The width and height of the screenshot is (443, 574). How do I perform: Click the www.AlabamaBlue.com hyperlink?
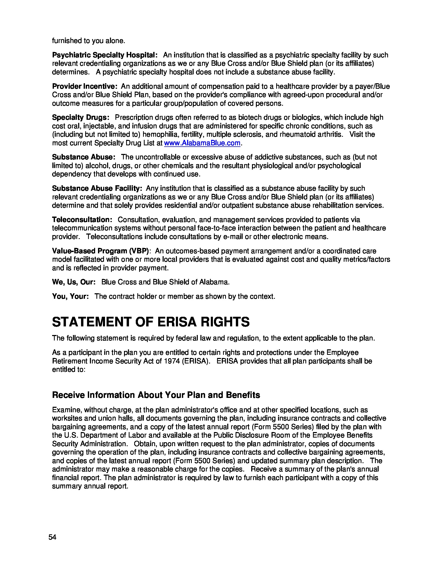pos(202,143)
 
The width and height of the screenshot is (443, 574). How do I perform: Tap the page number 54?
pos(52,537)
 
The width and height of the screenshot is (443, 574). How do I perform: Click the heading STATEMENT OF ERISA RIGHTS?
pos(151,322)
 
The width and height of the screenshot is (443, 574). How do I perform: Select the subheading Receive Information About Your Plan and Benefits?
pos(156,395)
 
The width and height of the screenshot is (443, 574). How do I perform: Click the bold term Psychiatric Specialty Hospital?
pos(104,55)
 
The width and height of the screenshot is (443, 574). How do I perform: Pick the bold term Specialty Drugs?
pos(80,117)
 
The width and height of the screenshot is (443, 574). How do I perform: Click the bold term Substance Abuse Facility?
pos(97,188)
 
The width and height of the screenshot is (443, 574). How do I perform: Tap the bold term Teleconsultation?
pos(82,219)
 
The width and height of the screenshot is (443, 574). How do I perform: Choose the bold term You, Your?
pos(70,296)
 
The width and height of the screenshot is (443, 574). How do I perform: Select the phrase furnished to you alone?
pos(88,41)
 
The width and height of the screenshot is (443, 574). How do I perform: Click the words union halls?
pos(115,418)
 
